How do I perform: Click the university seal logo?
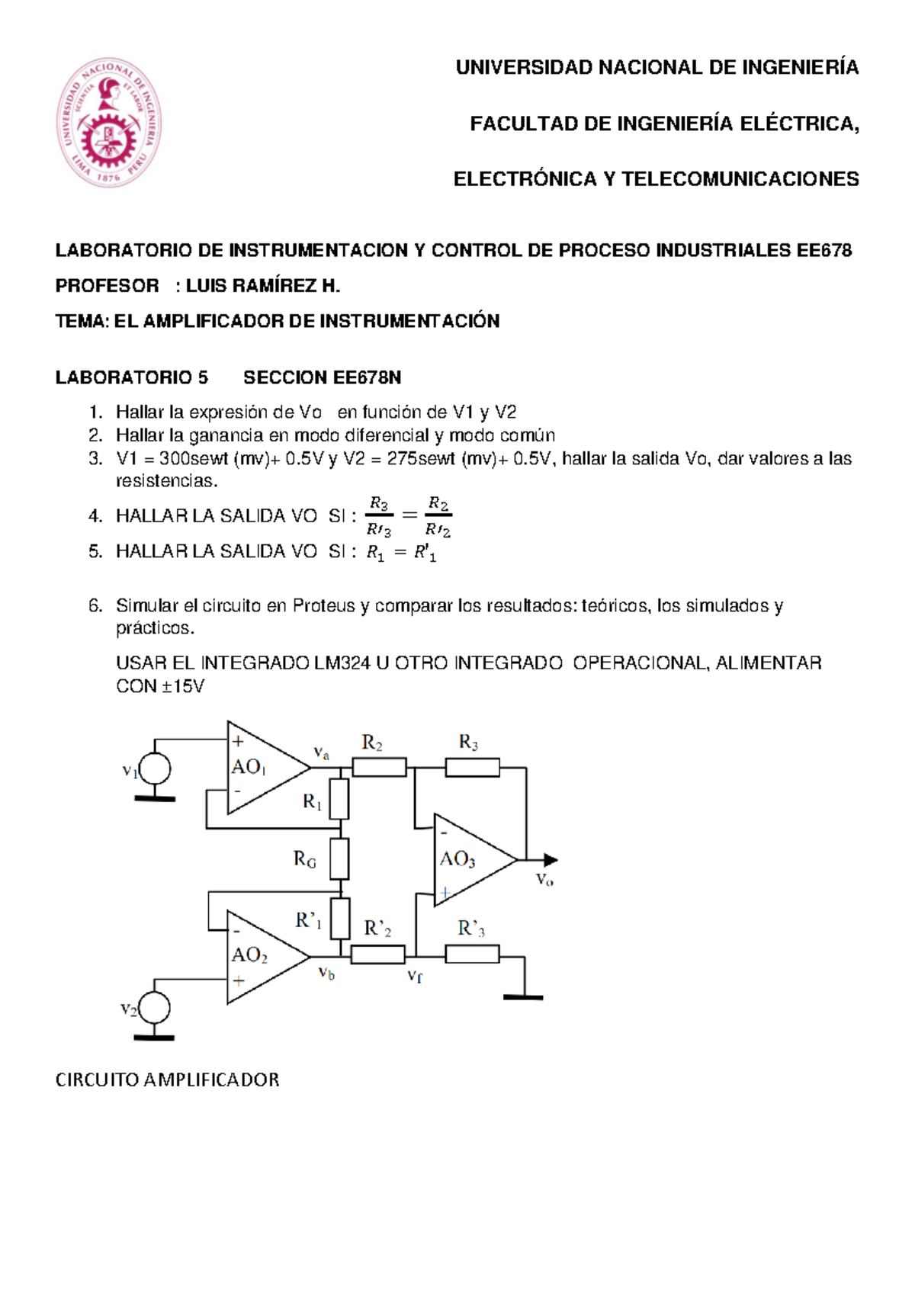[108, 123]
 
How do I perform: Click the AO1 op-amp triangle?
[263, 768]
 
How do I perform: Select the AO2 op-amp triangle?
[263, 957]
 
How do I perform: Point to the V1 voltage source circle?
[155, 769]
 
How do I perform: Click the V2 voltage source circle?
[155, 1008]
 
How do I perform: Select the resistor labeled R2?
[379, 767]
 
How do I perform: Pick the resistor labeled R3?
[473, 767]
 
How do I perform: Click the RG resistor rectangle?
[340, 859]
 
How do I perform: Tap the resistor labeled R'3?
[473, 954]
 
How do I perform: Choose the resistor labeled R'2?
[378, 954]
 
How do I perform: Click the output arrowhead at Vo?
[550, 860]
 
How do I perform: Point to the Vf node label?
[415, 975]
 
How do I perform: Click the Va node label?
[322, 752]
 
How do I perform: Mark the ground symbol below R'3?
[523, 996]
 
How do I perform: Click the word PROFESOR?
[108, 286]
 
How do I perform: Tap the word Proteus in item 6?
[324, 606]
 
